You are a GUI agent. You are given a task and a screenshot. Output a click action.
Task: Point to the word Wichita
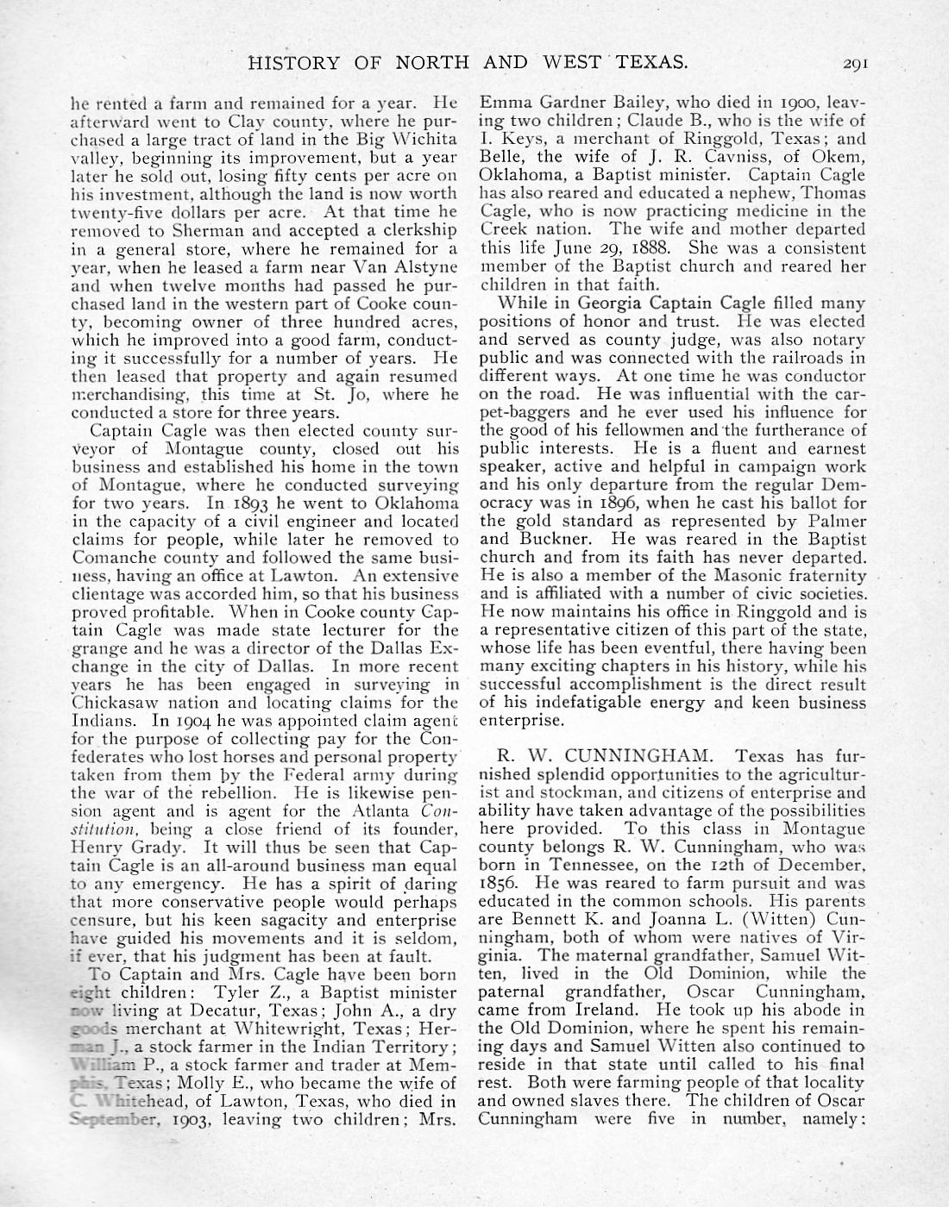pyautogui.click(x=424, y=139)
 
